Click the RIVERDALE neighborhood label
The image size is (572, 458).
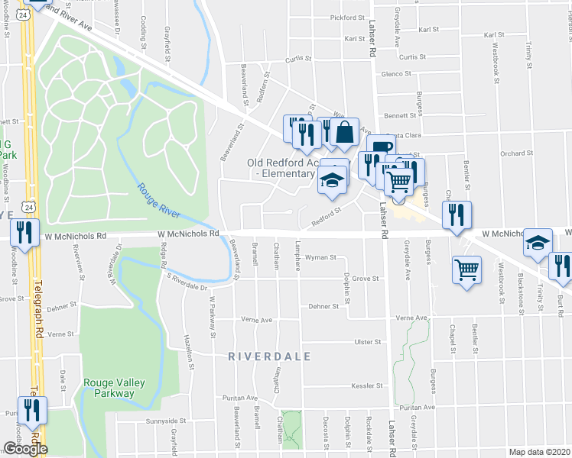point(269,356)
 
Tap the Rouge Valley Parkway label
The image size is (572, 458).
point(109,389)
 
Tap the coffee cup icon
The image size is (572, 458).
point(381,147)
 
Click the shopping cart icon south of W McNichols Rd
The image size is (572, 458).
point(467,269)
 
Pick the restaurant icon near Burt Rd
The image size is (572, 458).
point(562,266)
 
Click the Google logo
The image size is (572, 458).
point(25,448)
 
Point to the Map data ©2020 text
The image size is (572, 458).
point(539,452)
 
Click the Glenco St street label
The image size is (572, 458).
point(397,74)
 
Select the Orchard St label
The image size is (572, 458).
point(516,153)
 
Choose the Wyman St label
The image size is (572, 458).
point(321,258)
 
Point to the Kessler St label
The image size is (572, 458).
point(366,385)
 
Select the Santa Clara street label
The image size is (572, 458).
point(405,134)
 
